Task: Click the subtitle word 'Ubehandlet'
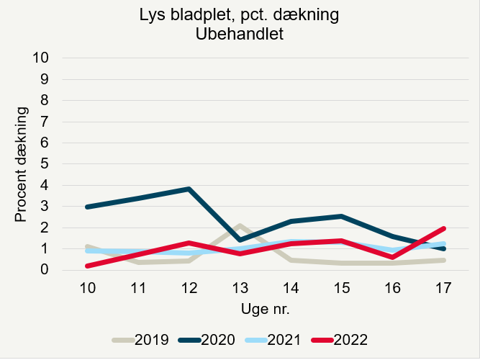tap(239, 34)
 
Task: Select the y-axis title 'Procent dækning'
tap(22, 164)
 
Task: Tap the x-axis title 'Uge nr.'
tap(265, 308)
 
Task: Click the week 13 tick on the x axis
tap(240, 287)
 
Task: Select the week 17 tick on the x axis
tap(444, 287)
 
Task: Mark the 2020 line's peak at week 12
tap(189, 189)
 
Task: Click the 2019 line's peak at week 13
tap(240, 226)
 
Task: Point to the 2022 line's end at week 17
tap(444, 228)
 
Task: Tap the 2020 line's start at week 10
tap(86, 207)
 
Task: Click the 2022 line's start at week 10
tap(86, 266)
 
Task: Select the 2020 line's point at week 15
tap(342, 216)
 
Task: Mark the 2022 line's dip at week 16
tap(393, 257)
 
